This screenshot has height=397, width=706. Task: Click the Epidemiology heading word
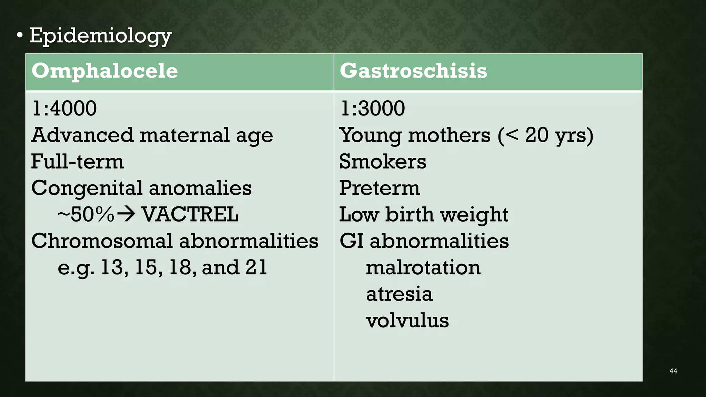pyautogui.click(x=100, y=36)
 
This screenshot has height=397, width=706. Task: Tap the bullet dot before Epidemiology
pyautogui.click(x=20, y=35)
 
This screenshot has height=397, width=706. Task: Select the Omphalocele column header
pyautogui.click(x=104, y=71)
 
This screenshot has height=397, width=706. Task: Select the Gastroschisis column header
pyautogui.click(x=413, y=71)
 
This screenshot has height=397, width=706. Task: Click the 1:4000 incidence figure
pyautogui.click(x=64, y=109)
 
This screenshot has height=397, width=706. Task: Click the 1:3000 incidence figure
pyautogui.click(x=372, y=109)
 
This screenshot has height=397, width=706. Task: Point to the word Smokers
pyautogui.click(x=383, y=161)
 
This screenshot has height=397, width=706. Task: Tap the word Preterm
pyautogui.click(x=380, y=188)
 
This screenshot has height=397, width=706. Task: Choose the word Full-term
pyautogui.click(x=77, y=161)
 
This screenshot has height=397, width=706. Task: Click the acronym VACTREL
pyautogui.click(x=190, y=214)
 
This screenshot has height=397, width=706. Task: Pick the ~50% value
pyautogui.click(x=86, y=214)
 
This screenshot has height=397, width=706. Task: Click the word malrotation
pyautogui.click(x=423, y=267)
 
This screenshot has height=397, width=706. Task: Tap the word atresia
pyautogui.click(x=399, y=294)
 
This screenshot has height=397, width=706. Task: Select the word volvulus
pyautogui.click(x=407, y=320)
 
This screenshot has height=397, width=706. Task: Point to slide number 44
pyautogui.click(x=673, y=371)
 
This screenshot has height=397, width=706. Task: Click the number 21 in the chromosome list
pyautogui.click(x=256, y=267)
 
